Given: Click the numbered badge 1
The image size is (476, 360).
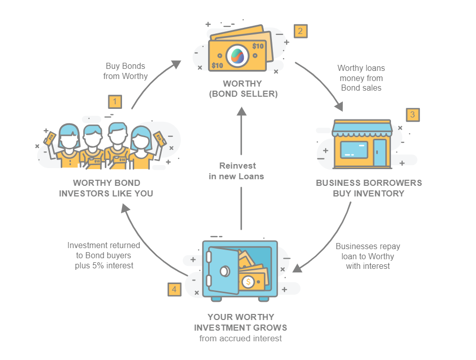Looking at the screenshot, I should pos(115,102).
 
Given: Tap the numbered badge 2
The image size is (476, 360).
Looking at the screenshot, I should pos(300,31).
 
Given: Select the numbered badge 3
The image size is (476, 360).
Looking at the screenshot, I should pos(413,115).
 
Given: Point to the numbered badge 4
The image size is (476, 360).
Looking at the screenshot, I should pos(174,289).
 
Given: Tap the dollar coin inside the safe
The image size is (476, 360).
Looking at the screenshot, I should pos(248,282).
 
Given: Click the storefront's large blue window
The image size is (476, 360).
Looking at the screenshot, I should pos(354,150).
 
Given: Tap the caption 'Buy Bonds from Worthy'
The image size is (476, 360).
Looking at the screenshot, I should pos(126,71).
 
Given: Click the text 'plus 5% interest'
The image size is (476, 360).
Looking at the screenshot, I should pos(104,265).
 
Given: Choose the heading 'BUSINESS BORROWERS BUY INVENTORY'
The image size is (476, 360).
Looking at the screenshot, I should pos(369,188).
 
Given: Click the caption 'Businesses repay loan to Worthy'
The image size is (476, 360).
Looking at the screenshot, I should pos(368,251).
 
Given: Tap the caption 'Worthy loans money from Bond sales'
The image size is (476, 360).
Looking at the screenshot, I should pos(361,78).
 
